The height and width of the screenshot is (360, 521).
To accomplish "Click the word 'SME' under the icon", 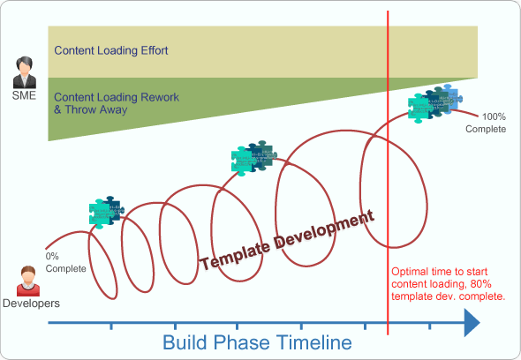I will pyautogui.click(x=25, y=94).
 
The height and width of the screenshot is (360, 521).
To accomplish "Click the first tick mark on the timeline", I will pyautogui.click(x=110, y=326).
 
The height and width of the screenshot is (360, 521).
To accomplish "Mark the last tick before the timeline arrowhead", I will pyautogui.click(x=430, y=326).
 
